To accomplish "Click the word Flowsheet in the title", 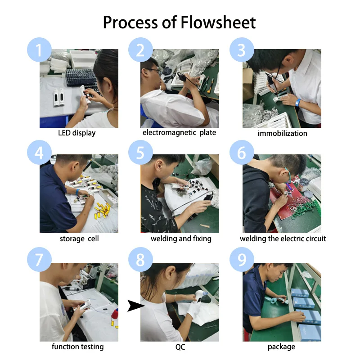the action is pos(218,22).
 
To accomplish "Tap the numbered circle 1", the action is pos(39,50).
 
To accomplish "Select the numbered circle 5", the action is pos(140,153).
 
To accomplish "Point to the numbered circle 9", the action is pos(242,260).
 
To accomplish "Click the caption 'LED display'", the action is pos(76,133).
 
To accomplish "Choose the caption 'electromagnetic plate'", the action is pos(179,133).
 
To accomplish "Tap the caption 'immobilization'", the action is pos(283,133).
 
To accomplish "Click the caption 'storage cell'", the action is pos(79,239).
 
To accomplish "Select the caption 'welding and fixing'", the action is pos(181,239).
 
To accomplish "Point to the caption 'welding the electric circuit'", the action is pos(283,239).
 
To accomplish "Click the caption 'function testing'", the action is pos(77,346).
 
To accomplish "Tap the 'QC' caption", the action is pos(180,347).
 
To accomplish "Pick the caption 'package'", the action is pos(282,347).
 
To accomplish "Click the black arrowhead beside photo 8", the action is pos(136,306).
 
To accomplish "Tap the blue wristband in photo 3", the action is pos(298,102).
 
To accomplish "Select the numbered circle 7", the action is pos(39,260).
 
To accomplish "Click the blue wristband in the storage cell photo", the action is pos(77,192).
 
